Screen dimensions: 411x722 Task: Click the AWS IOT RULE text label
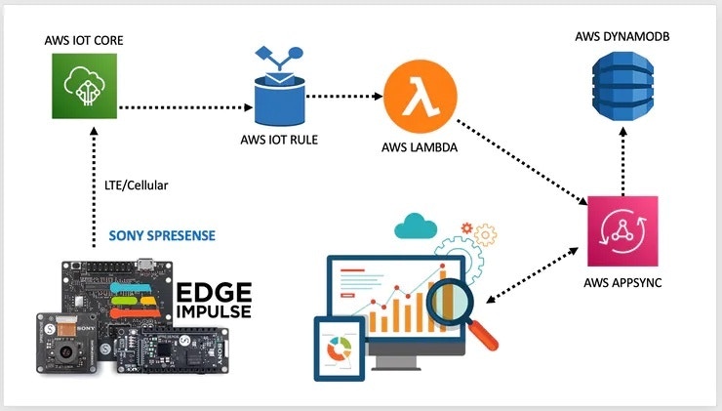tap(279, 139)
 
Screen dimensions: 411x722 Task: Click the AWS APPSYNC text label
tap(622, 287)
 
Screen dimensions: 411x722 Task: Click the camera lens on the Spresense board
tap(62, 347)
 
